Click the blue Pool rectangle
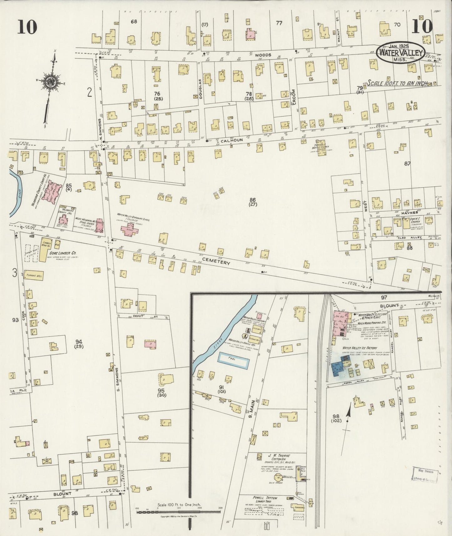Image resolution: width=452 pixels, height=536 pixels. coord(234,360)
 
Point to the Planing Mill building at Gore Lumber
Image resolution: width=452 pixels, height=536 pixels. coord(34,275)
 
